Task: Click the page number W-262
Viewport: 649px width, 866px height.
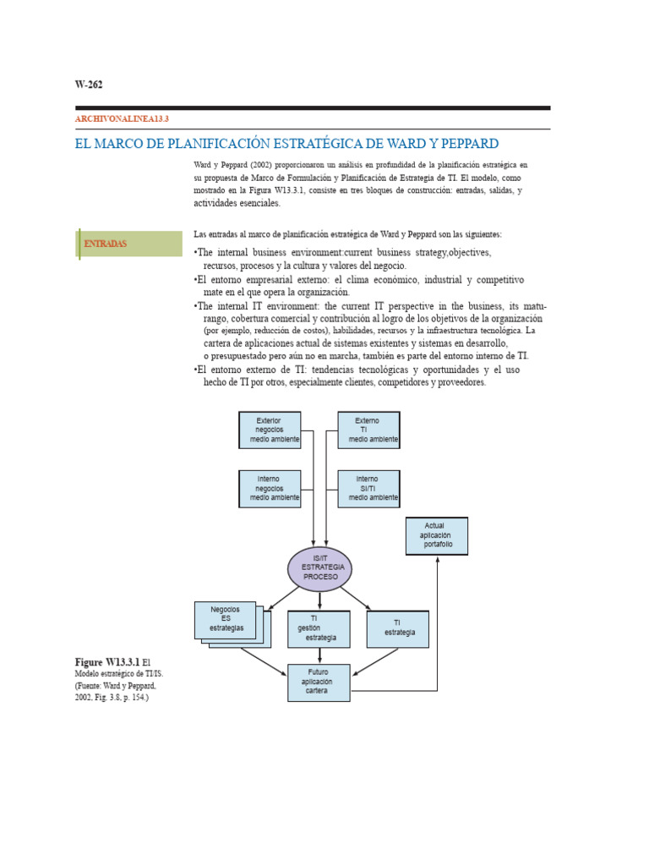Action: point(89,84)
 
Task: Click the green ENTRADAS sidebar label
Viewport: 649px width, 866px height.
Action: point(106,244)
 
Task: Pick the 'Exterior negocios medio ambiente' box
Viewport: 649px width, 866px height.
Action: point(269,430)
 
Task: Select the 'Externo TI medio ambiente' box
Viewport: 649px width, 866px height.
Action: point(368,430)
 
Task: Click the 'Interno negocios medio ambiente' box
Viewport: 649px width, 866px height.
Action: point(269,489)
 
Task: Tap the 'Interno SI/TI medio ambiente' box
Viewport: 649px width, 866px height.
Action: point(368,489)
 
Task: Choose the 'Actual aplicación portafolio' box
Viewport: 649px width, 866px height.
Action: point(436,535)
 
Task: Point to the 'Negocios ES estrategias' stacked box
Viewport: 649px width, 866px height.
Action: point(226,619)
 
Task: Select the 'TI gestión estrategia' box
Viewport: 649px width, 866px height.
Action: point(319,628)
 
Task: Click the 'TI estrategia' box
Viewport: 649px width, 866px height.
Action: point(397,628)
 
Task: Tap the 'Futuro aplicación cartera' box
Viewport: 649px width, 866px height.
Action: point(319,682)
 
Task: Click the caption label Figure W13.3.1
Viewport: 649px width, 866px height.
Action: point(106,661)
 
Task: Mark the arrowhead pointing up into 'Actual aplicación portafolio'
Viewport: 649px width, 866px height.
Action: point(437,560)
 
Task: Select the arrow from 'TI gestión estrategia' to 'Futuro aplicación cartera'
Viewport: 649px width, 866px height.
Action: point(319,655)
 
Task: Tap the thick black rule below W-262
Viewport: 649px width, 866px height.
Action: point(313,108)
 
